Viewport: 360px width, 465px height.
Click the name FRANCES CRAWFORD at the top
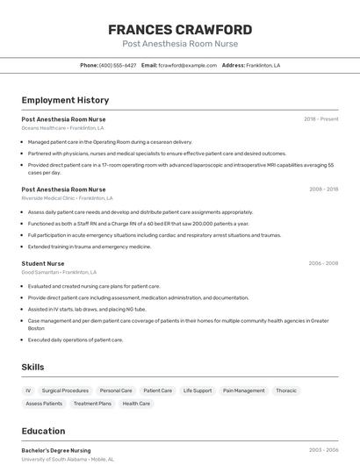tap(180, 29)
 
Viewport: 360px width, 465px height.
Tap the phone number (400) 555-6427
tap(118, 65)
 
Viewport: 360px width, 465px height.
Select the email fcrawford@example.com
tap(187, 65)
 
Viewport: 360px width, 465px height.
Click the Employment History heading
tap(65, 100)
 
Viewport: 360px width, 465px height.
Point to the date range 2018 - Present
tap(320, 119)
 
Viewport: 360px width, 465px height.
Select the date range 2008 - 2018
tap(323, 190)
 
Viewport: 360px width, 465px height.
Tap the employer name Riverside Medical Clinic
tap(50, 198)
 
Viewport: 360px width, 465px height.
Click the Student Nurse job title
tap(43, 263)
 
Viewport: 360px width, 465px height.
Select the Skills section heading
tap(32, 367)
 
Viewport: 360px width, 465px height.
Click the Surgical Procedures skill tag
tap(65, 390)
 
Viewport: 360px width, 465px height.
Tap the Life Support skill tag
tap(198, 390)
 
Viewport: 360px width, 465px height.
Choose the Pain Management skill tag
tap(243, 390)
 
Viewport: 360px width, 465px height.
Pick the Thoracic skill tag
tap(286, 390)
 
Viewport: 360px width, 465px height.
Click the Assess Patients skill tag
tap(44, 404)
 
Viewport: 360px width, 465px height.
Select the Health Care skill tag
tap(136, 404)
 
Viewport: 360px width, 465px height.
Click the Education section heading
tap(43, 431)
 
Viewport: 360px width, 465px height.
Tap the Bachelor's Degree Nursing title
tap(56, 450)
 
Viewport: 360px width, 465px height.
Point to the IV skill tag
tap(28, 390)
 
